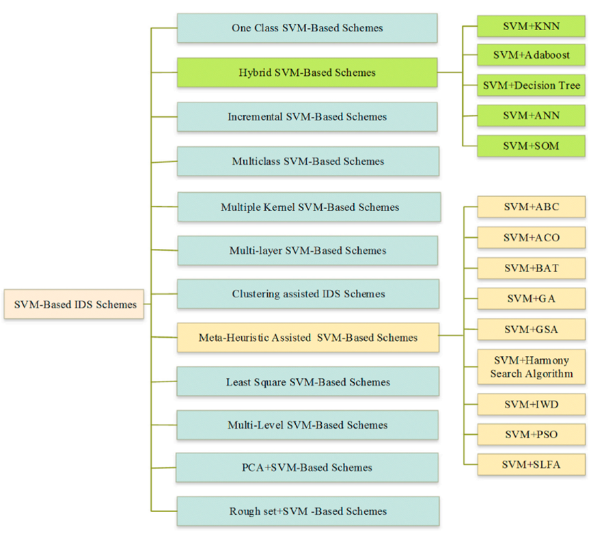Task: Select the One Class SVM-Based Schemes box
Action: (307, 28)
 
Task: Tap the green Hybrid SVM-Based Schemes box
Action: (307, 72)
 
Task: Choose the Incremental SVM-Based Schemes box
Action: (307, 117)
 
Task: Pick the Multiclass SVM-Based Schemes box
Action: (307, 161)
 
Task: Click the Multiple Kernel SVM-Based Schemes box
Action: (310, 206)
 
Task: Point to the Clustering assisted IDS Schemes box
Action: (308, 294)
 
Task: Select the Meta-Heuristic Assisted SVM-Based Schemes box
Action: (307, 337)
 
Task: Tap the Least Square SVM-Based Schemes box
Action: (307, 381)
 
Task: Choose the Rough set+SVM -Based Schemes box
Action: (307, 511)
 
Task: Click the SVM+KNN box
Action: (531, 25)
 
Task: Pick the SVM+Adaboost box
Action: (531, 55)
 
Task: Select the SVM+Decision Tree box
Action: (531, 85)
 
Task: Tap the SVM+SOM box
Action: (531, 146)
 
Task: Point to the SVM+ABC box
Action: (531, 207)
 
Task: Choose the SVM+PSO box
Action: (531, 434)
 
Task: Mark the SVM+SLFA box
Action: (531, 464)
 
